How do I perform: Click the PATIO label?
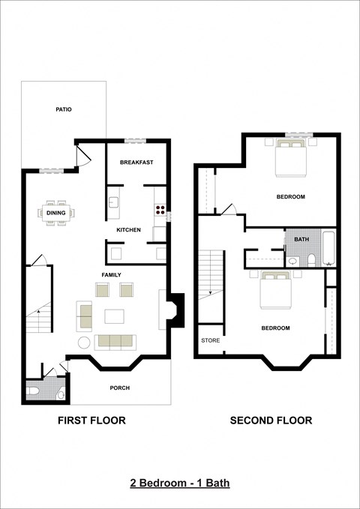click(64, 109)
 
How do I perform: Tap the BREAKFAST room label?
click(136, 162)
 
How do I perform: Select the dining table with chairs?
click(56, 212)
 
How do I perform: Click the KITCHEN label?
click(129, 229)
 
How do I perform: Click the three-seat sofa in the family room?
click(114, 342)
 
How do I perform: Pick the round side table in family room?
click(84, 343)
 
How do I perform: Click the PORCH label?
click(119, 388)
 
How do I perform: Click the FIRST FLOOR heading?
click(91, 421)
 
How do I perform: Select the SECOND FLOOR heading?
click(271, 421)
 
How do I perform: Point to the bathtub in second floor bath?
click(329, 250)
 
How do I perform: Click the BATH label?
click(301, 239)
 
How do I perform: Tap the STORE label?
click(210, 340)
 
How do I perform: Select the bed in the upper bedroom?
click(289, 158)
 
